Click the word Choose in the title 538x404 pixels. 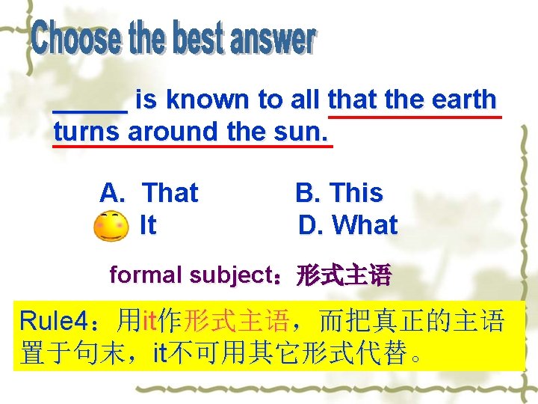(75, 39)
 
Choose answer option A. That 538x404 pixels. (149, 193)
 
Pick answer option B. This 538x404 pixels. (339, 193)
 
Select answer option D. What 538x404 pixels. (347, 224)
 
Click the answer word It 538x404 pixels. (148, 224)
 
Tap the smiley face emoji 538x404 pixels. (110, 225)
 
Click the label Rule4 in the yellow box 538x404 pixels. (55, 322)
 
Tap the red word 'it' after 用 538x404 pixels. (149, 322)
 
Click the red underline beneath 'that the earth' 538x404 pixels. (413, 117)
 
